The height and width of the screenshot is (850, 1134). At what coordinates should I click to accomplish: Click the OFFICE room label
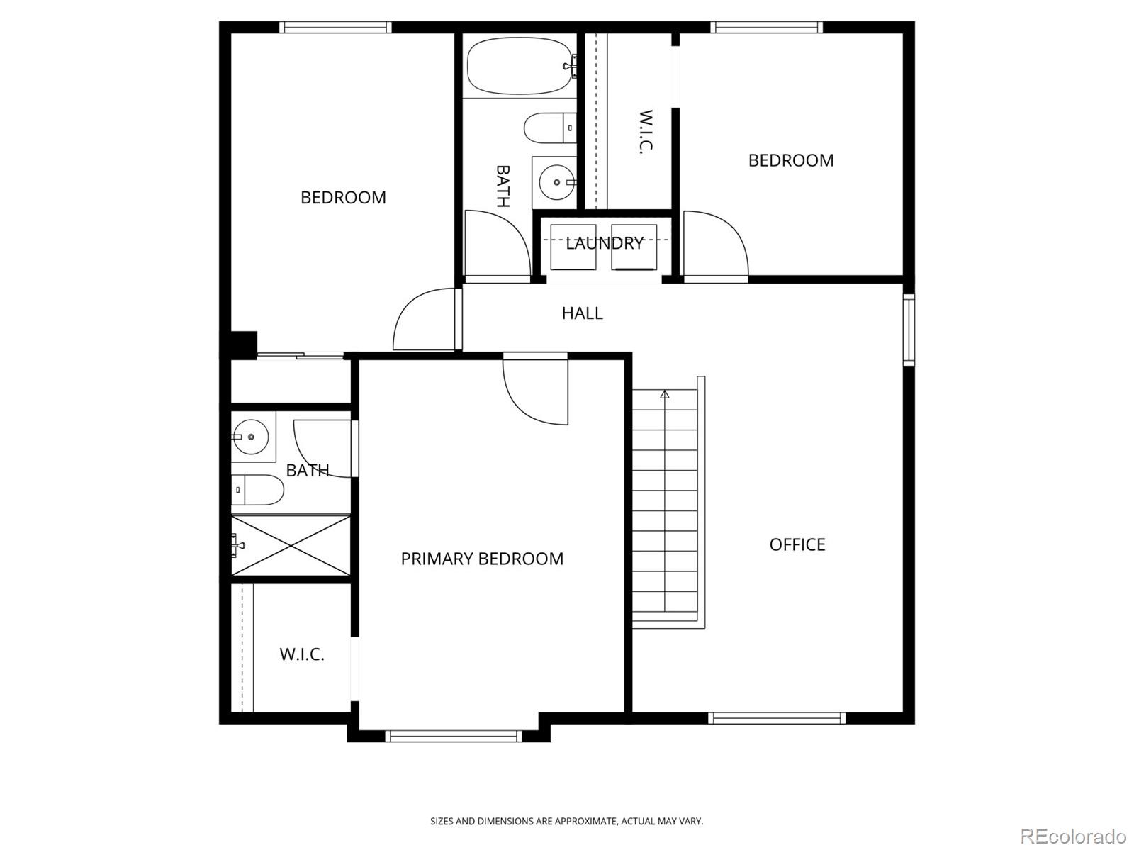(797, 544)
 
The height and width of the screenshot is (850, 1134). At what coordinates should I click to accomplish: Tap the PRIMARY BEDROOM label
(482, 559)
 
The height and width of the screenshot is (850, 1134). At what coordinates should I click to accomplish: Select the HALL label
(583, 313)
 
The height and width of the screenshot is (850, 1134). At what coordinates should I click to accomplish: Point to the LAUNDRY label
(605, 243)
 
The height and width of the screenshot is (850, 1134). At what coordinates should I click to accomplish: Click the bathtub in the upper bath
(521, 66)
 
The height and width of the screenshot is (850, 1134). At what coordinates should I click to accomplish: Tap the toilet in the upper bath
(550, 128)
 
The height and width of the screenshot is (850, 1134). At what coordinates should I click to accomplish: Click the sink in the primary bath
(251, 437)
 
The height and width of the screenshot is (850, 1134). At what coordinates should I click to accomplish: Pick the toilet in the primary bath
(257, 489)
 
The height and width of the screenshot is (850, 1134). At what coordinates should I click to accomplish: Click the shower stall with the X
(291, 545)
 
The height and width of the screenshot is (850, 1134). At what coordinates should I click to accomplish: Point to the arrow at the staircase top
(664, 394)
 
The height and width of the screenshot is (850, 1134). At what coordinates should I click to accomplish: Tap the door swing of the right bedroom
(716, 243)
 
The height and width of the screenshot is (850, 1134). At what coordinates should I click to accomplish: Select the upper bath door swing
(498, 243)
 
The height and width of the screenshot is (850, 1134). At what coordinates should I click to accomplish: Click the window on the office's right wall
(909, 330)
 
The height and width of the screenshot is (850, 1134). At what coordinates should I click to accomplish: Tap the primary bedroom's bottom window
(454, 737)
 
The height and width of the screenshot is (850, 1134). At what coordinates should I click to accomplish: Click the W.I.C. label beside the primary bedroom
(302, 654)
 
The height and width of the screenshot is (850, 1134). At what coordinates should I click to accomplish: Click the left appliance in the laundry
(573, 247)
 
